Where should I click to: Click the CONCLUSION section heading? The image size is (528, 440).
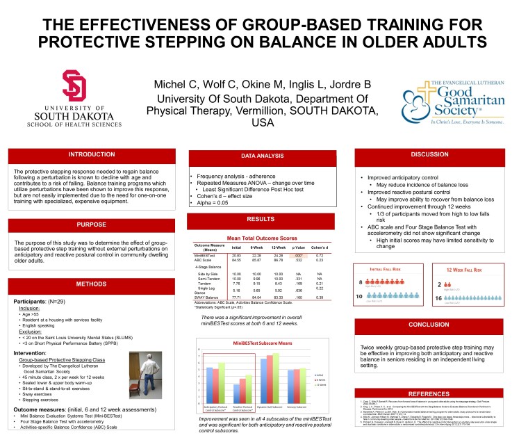click(x=438, y=325)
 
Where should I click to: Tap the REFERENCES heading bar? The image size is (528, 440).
click(x=438, y=393)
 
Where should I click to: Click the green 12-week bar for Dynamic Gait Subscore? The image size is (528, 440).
click(x=277, y=377)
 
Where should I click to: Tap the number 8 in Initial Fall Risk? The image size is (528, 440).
click(x=360, y=282)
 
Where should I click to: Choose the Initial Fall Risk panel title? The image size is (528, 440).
click(x=379, y=268)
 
